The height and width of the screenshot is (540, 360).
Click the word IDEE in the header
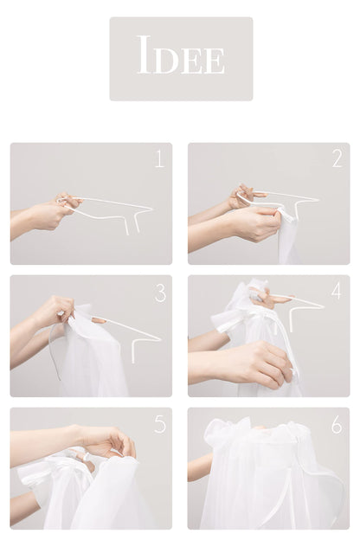click(x=181, y=55)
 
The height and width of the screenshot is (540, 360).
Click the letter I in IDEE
click(x=145, y=55)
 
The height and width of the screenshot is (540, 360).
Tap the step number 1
click(x=159, y=158)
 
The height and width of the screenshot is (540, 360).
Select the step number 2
click(x=337, y=158)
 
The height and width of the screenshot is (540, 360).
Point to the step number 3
click(x=160, y=292)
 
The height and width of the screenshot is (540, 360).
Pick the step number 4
click(x=337, y=290)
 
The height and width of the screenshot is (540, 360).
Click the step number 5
click(x=160, y=424)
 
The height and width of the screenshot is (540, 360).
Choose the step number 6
click(x=337, y=425)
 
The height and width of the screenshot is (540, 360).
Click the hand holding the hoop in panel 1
click(x=52, y=213)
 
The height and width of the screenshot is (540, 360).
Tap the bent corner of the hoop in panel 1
click(x=151, y=209)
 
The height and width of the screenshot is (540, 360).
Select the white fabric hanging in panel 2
click(x=286, y=238)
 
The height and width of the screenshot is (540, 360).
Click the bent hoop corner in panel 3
click(x=135, y=341)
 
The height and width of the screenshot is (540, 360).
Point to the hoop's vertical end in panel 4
click(x=292, y=321)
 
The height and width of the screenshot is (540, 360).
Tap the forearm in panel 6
click(x=201, y=466)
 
